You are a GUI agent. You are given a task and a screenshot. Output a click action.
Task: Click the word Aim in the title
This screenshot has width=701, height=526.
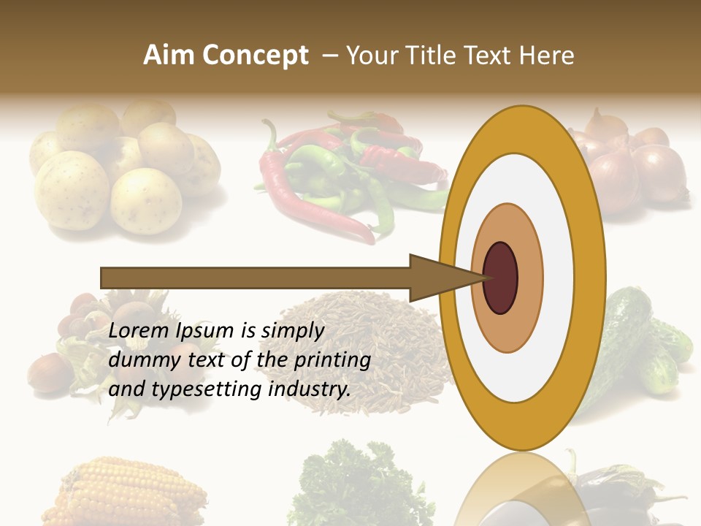pos(169,56)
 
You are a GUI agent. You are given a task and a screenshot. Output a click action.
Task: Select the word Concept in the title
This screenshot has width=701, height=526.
pos(255,56)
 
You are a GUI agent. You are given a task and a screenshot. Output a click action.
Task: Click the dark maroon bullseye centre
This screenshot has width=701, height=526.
pos(500,278)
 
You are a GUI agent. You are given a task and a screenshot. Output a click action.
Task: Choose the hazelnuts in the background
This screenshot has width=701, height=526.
pos(80,343)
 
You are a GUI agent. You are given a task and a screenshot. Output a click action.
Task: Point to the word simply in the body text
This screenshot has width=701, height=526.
pos(292,331)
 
